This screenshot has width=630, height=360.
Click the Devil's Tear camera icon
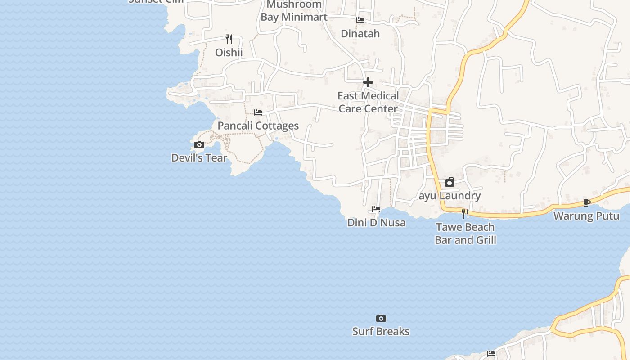199,145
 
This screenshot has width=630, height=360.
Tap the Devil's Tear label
199,158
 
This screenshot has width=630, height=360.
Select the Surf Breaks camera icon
381,319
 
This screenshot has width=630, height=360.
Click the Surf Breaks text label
381,332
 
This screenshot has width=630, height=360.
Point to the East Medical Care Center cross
368,82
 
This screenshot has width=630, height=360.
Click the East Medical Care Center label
368,102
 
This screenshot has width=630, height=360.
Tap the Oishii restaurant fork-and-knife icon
229,39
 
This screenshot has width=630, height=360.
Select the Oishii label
229,53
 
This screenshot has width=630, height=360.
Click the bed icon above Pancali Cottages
258,112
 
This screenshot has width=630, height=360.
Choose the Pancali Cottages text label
258,126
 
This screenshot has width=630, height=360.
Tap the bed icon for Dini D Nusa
376,209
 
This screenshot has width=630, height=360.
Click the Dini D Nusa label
376,223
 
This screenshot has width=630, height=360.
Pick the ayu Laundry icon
449,182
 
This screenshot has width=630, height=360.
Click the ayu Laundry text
450,196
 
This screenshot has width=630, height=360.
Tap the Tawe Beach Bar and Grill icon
465,213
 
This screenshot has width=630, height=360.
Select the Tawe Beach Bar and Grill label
465,234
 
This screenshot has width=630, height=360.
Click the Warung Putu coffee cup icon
586,202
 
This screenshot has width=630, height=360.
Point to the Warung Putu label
586,216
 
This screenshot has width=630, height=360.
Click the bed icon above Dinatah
360,20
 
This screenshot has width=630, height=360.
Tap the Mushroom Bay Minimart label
294,11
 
